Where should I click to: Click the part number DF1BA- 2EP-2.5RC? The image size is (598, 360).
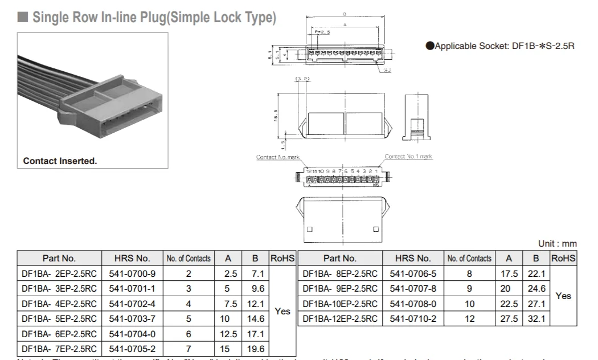[x=59, y=273]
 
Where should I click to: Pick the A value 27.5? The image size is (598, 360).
[x=509, y=318]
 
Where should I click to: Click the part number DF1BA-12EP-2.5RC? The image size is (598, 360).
[x=340, y=318]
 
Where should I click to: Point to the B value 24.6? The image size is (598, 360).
[x=535, y=289]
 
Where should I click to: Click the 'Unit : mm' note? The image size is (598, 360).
[x=558, y=243]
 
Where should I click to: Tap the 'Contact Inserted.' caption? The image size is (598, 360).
[x=60, y=161]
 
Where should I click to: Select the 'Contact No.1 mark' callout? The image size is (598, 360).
[x=408, y=156]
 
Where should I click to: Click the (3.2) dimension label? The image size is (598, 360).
[x=302, y=79]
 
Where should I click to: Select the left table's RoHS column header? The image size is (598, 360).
[x=282, y=258]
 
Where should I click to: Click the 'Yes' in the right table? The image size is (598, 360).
[x=563, y=296]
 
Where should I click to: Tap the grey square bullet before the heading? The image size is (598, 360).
[x=23, y=18]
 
